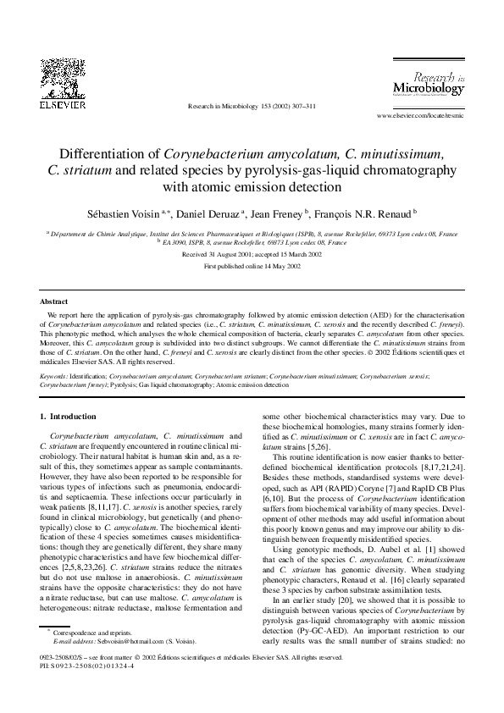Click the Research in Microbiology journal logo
[429, 84]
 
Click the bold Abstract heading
[54, 301]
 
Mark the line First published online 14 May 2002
[252, 266]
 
